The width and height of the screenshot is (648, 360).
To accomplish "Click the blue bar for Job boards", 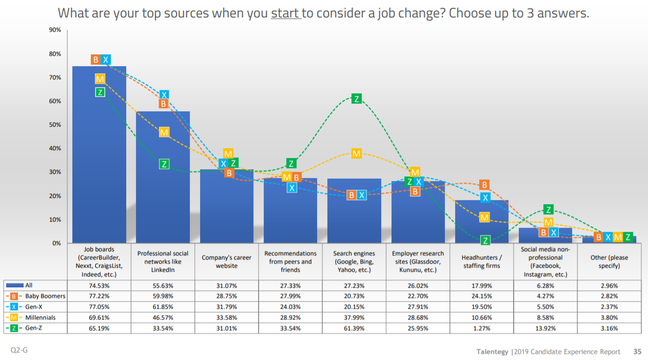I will [99, 154].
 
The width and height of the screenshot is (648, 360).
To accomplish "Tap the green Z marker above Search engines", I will [357, 99].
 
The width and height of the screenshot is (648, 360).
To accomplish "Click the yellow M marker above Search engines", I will [357, 153].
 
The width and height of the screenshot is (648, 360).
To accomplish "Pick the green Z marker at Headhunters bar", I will [485, 240].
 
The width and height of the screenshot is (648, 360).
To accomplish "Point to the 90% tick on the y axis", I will [55, 30].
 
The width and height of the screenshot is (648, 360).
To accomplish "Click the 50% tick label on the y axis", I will [55, 125].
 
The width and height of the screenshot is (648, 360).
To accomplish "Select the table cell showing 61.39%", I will [354, 328].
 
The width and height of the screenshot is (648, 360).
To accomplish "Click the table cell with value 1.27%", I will [482, 328].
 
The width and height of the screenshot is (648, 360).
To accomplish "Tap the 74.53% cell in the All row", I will [99, 286].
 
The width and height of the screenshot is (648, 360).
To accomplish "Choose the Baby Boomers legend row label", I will [45, 296].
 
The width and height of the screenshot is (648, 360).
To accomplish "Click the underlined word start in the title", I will [285, 13].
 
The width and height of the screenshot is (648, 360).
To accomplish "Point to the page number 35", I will [637, 352].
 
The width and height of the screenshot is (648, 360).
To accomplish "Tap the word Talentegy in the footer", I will [492, 352].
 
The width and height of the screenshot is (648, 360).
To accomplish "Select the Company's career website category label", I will [226, 262].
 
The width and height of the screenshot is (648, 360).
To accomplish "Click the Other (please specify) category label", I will [609, 262].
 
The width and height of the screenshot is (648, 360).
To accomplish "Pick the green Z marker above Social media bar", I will [548, 209].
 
